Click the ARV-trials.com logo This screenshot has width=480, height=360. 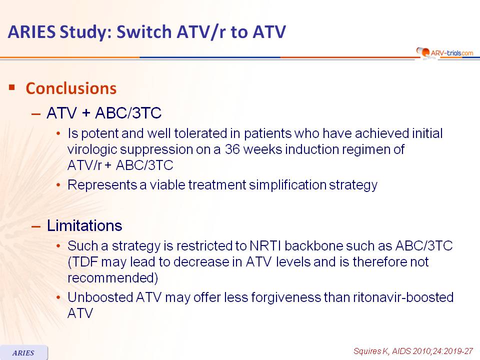[444, 53]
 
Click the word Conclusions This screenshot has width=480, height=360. [71, 88]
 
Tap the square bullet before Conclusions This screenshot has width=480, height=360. [12, 87]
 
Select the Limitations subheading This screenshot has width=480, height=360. [84, 225]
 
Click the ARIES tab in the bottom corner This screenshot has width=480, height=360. [23, 352]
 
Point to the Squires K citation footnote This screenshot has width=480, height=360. [413, 351]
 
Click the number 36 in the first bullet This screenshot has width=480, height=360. [232, 149]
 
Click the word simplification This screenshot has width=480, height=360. [287, 185]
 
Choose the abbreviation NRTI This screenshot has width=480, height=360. [265, 246]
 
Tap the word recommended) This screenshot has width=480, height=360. [112, 278]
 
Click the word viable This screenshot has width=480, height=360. [167, 185]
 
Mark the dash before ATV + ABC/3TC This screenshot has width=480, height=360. [36, 114]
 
